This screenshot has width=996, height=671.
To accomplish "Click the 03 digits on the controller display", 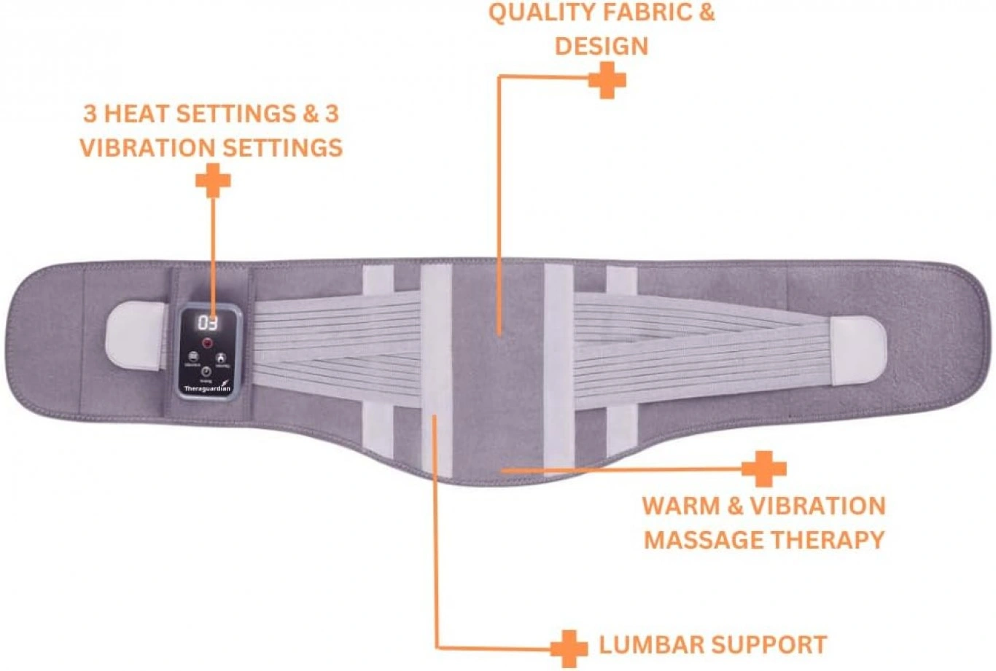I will coord(208,323).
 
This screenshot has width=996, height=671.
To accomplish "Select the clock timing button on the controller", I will coord(206,372).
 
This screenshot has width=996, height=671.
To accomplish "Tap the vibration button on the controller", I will coord(193,357).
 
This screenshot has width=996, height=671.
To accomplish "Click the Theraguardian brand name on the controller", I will coord(206,389).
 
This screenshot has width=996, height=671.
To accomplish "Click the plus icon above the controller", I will coord(213,180).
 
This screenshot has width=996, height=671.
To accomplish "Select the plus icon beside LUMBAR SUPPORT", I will coord(569,648).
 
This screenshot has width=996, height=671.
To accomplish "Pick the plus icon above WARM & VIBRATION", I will coord(763,469).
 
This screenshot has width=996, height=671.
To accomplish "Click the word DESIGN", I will coord(601,46).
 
